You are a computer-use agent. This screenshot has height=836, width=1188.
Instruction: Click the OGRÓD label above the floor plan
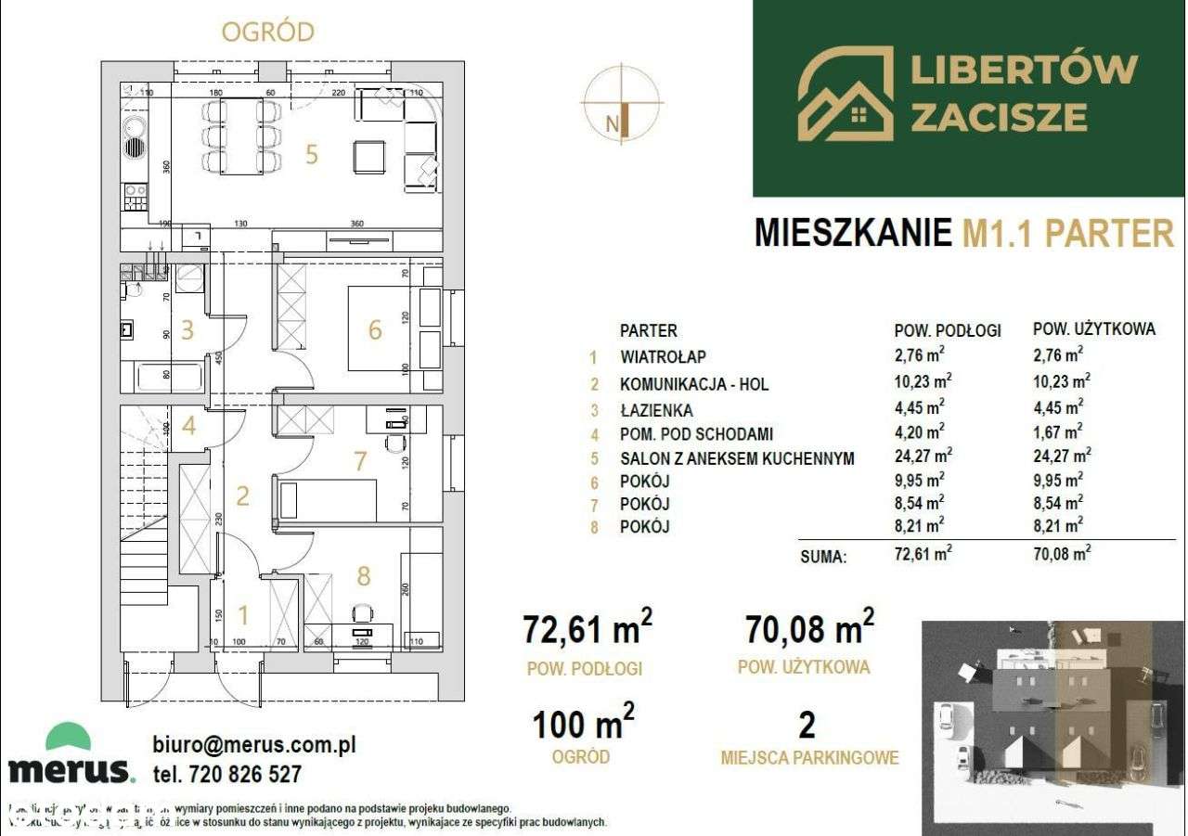click(x=267, y=31)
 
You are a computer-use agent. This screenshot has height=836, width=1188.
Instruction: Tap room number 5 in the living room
click(x=312, y=154)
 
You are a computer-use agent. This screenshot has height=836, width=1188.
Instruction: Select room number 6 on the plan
click(x=375, y=329)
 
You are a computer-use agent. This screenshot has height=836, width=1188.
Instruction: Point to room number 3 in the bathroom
click(x=187, y=329)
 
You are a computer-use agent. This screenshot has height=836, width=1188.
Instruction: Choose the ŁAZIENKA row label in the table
click(x=657, y=409)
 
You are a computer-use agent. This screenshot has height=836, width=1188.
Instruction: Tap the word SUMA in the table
click(x=822, y=559)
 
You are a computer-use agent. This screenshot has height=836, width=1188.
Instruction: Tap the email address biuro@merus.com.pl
click(x=253, y=744)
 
